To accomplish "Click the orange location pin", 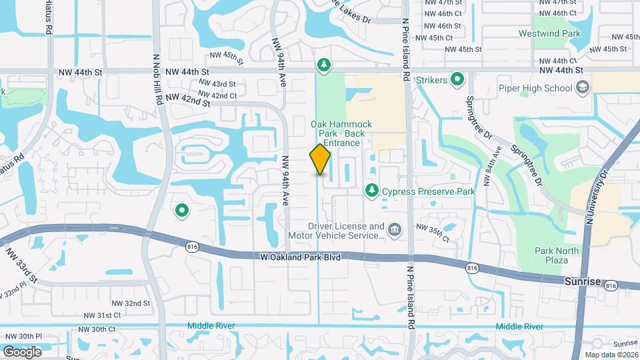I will pyautogui.click(x=320, y=159).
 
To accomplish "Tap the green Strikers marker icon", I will pyautogui.click(x=457, y=81).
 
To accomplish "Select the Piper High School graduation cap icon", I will pyautogui.click(x=583, y=88).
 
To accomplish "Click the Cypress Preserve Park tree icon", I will pyautogui.click(x=371, y=191).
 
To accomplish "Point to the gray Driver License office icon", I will pyautogui.click(x=395, y=231).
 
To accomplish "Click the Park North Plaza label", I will pyautogui.click(x=557, y=255).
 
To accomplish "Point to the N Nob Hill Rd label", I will pyautogui.click(x=159, y=79).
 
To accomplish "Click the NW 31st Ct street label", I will pyautogui.click(x=102, y=315).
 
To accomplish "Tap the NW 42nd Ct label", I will pyautogui.click(x=219, y=96).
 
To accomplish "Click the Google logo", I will pyautogui.click(x=22, y=352).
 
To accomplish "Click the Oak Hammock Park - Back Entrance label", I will pyautogui.click(x=341, y=133).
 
